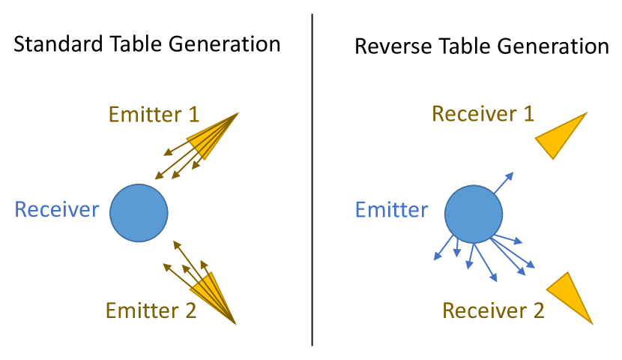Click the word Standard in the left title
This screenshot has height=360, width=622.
click(x=50, y=44)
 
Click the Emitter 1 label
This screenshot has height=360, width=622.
click(x=154, y=115)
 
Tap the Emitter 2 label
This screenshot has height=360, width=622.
click(x=151, y=310)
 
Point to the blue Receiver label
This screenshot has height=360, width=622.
click(x=57, y=209)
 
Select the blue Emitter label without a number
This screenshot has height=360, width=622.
click(x=391, y=209)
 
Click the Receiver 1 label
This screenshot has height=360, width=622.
click(x=483, y=114)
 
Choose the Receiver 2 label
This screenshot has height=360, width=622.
click(x=493, y=310)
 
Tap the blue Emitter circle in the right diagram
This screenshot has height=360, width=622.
click(x=473, y=214)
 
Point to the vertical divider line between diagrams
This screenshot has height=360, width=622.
click(x=312, y=180)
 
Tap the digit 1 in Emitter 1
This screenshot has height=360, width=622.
click(x=193, y=115)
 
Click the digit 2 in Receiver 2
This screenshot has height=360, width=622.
click(x=538, y=310)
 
